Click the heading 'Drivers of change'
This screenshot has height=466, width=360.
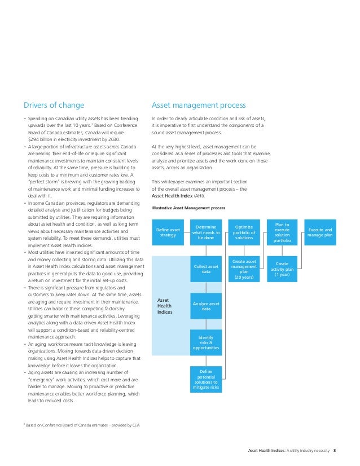[x=54, y=105]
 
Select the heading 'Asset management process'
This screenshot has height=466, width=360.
[x=199, y=105]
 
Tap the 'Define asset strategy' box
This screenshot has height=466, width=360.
[x=169, y=232]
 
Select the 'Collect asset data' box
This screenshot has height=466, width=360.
[x=206, y=269]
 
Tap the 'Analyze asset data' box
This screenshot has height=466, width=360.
[x=206, y=306]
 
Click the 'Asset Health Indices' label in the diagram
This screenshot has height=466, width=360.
[x=165, y=306]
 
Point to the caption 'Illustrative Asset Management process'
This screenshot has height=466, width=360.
[x=189, y=208]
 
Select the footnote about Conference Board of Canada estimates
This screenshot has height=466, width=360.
[x=82, y=425]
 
